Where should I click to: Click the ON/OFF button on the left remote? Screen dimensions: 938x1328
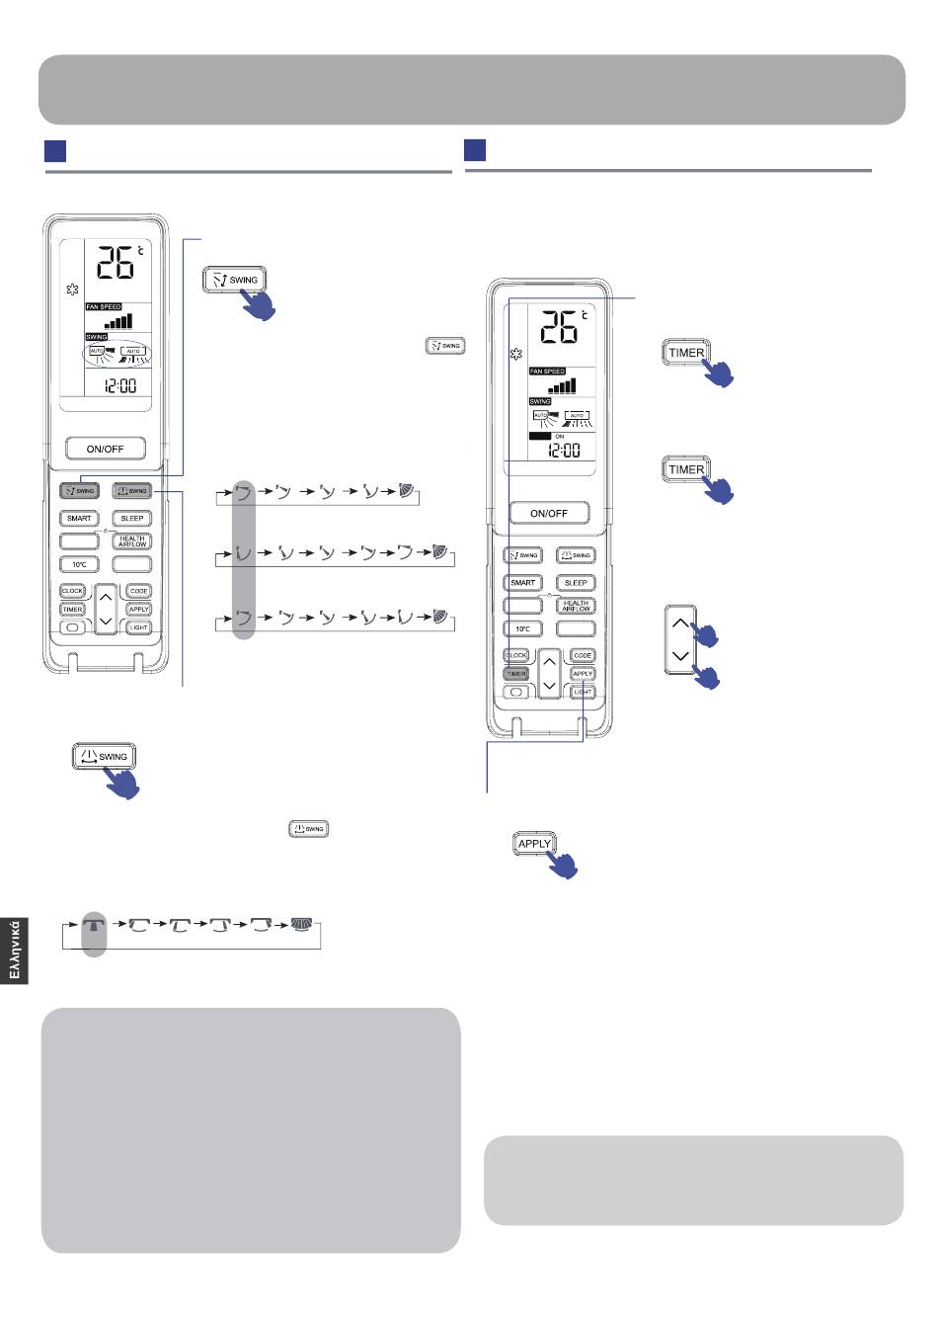[106, 449]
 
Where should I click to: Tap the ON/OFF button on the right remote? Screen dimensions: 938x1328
[549, 513]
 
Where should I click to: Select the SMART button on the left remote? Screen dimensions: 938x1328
[79, 518]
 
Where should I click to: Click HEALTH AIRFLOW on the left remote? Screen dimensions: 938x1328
[131, 541]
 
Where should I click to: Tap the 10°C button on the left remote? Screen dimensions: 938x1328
[79, 564]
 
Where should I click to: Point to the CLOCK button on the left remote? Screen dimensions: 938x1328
[72, 591]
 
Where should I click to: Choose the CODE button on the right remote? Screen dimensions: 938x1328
[583, 655]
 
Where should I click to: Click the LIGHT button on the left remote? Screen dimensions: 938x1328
[138, 627]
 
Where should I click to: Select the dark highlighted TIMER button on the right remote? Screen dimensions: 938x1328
[515, 674]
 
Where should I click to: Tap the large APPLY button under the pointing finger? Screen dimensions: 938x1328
[534, 844]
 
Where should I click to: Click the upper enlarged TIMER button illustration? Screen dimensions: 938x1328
[686, 353]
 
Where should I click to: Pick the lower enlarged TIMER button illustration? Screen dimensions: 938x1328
[686, 469]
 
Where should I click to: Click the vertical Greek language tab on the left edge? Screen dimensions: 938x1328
[14, 950]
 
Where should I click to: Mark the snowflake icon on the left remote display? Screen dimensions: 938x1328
[71, 290]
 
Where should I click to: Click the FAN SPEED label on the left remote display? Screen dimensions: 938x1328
[103, 307]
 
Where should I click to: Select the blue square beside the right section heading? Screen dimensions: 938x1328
[475, 150]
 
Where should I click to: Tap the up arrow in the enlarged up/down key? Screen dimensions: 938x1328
[680, 623]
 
